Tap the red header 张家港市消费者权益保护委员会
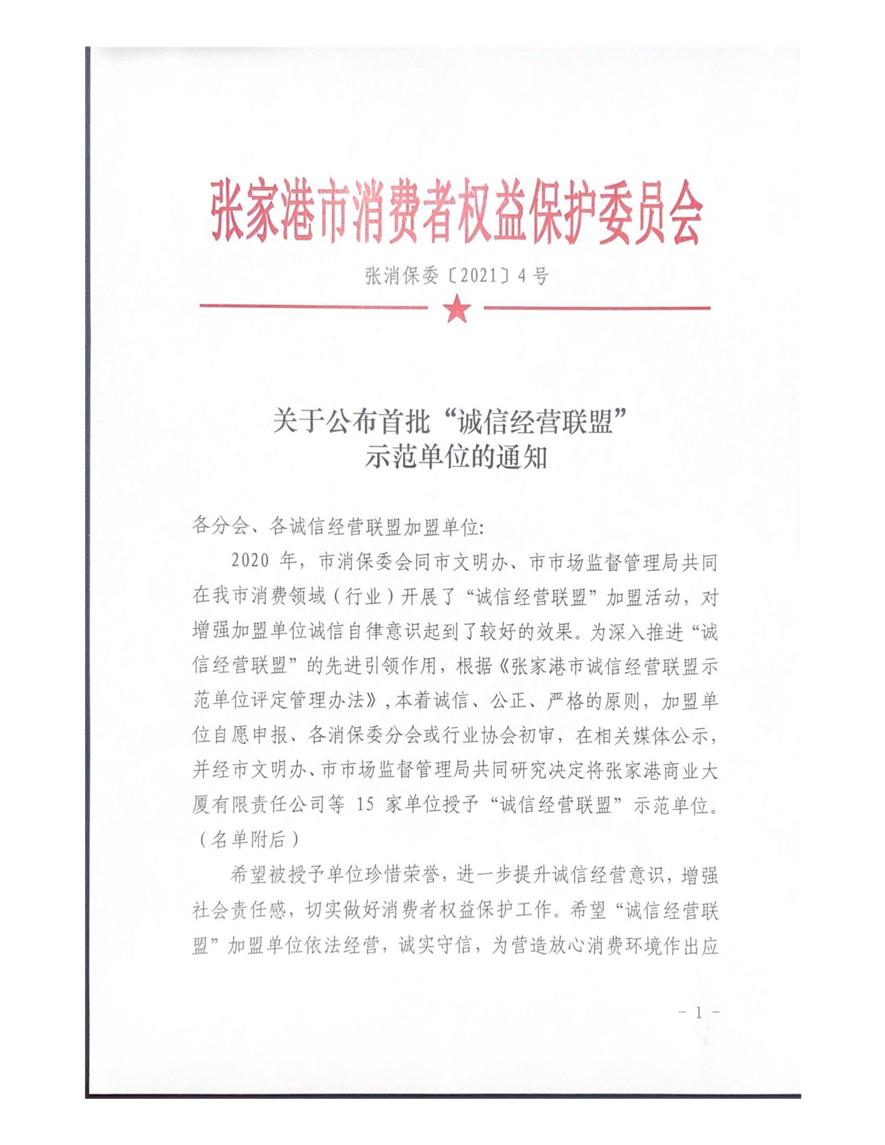tap(455, 221)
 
